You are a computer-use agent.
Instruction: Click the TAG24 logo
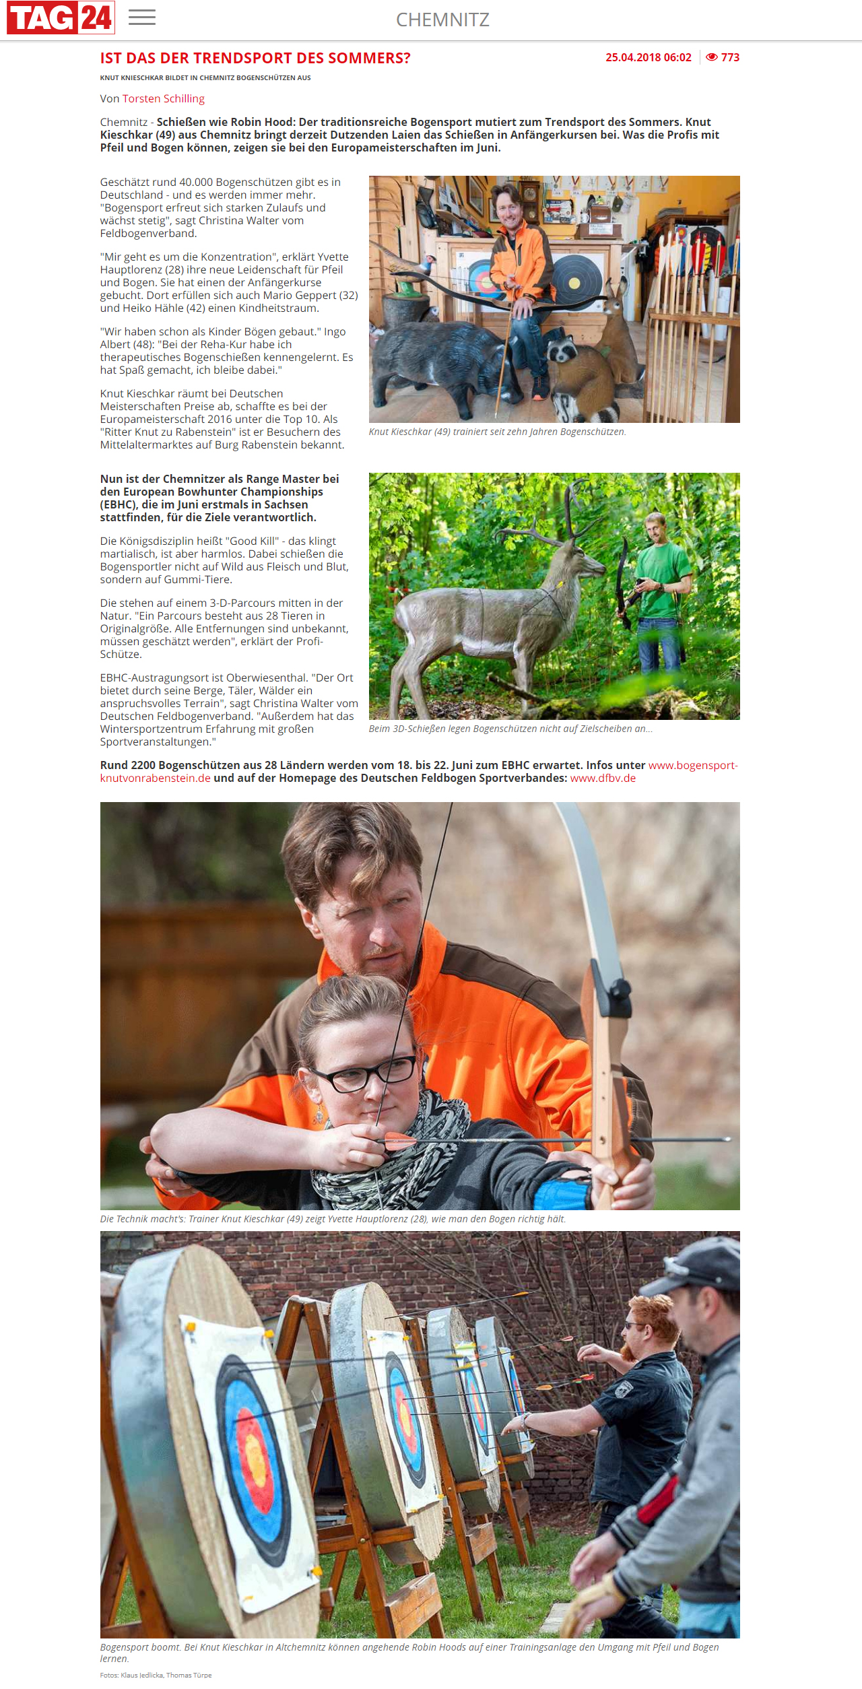click(x=61, y=18)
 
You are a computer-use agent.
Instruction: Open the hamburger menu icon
click(x=142, y=18)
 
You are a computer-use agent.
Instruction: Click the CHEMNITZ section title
click(x=442, y=20)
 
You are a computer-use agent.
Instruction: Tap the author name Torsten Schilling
click(x=163, y=99)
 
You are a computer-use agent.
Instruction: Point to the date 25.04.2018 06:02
click(x=648, y=58)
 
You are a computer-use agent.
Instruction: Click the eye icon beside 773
click(x=712, y=58)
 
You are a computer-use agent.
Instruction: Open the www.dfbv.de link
click(x=603, y=779)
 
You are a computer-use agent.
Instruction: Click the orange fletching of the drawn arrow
click(x=401, y=1139)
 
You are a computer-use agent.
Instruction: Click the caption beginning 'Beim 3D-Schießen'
click(x=510, y=729)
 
